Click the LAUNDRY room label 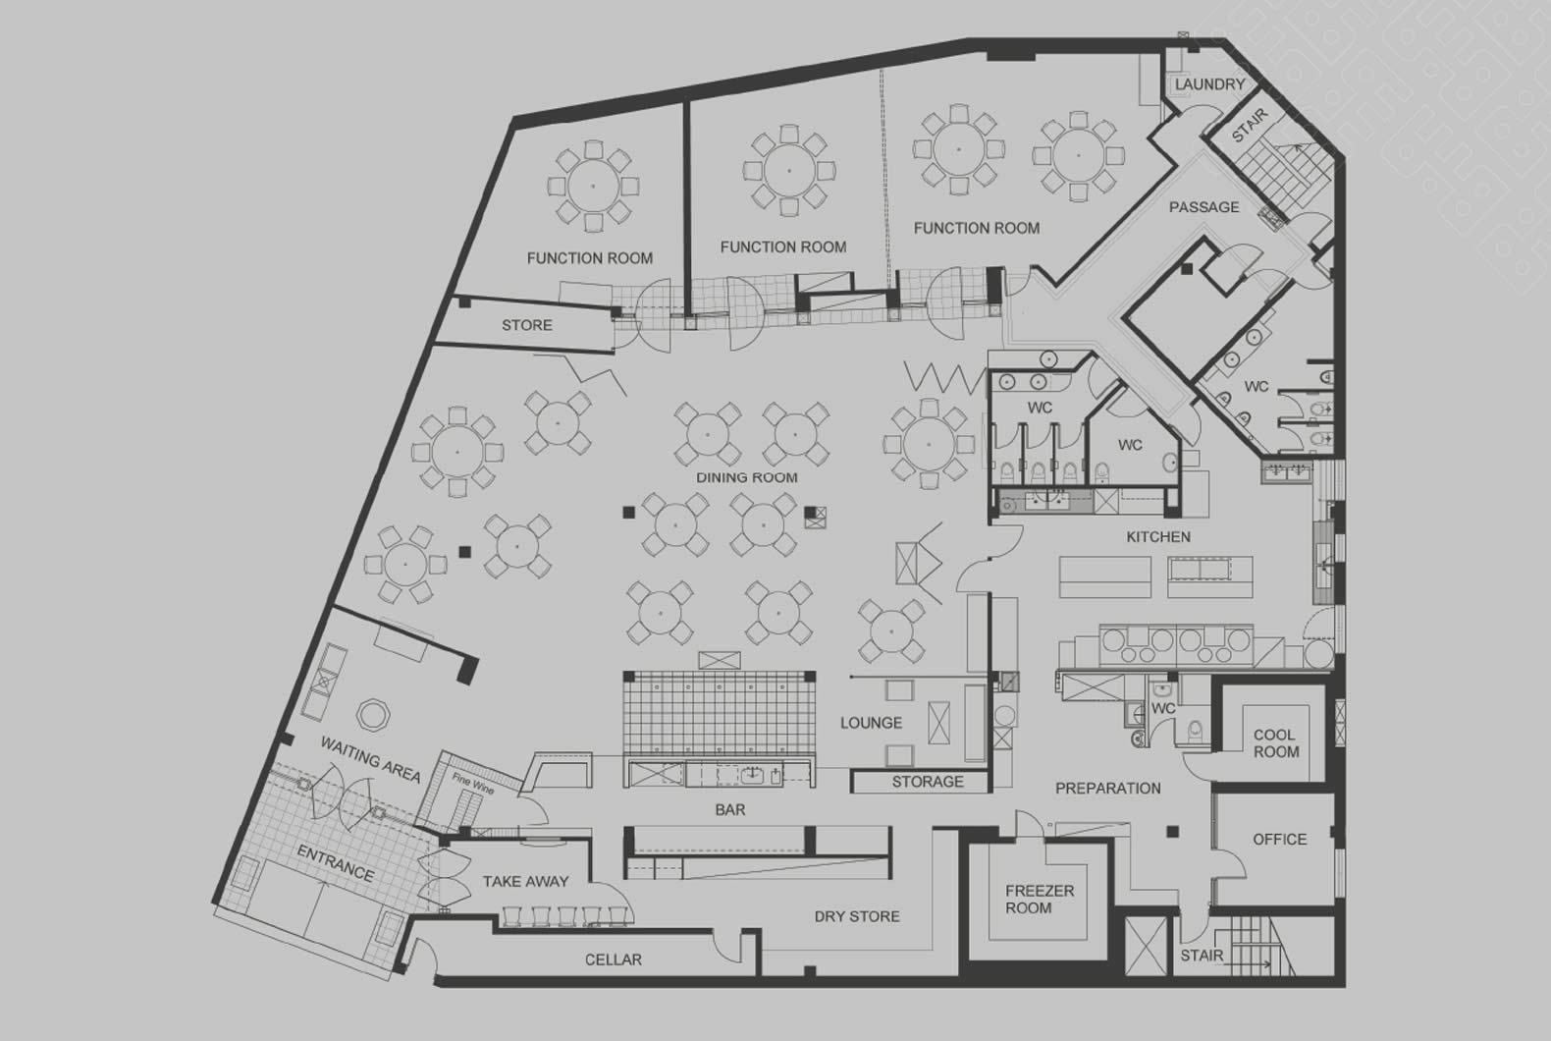(1209, 84)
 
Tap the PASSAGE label (1203, 207)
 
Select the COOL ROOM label (1275, 743)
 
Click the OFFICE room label (1279, 840)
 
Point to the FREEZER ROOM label (1040, 900)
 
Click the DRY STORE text (857, 916)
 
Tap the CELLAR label (613, 959)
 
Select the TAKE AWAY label (525, 881)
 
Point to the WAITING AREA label (370, 759)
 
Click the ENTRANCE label (335, 862)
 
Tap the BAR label (729, 810)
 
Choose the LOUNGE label (871, 723)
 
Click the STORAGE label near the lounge (927, 782)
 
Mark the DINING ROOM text (747, 477)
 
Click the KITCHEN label (1158, 537)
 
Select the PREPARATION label (1107, 789)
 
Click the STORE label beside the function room (527, 325)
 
